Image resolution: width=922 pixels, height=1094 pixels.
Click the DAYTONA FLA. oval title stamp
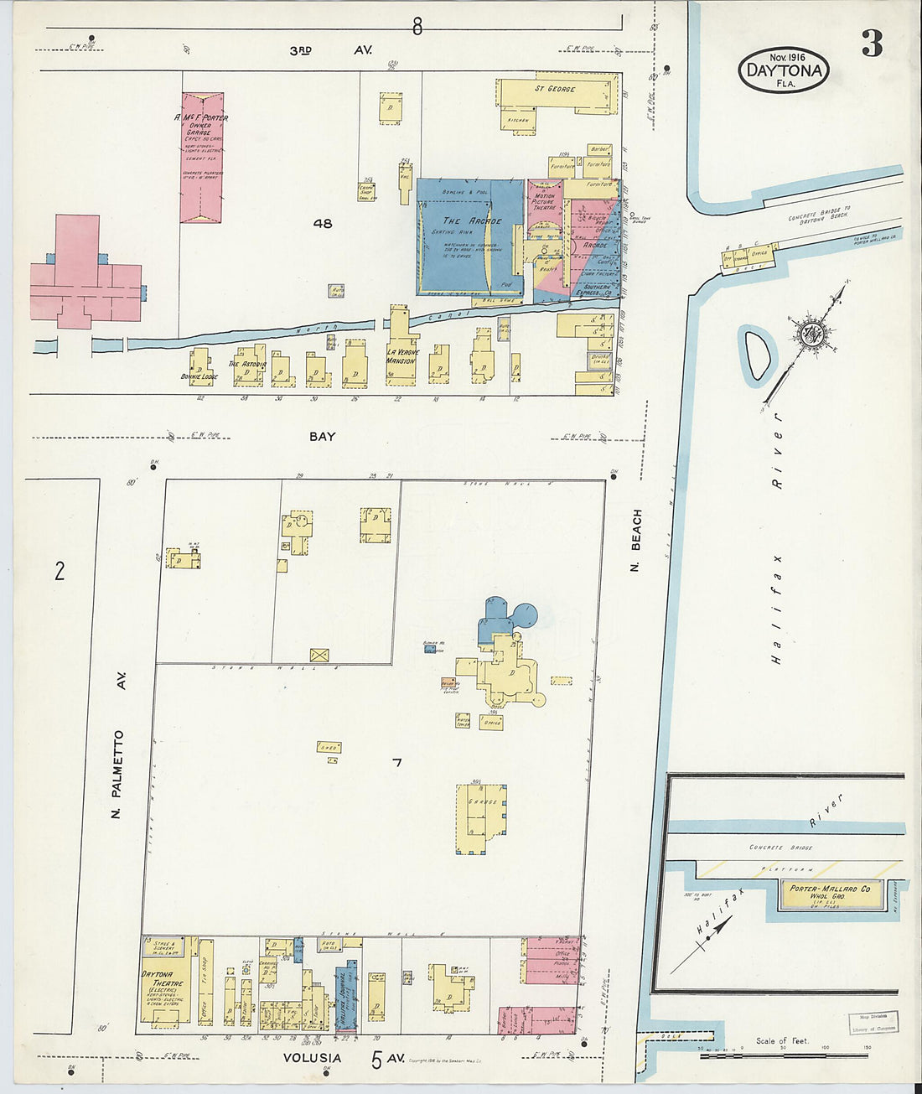pos(784,70)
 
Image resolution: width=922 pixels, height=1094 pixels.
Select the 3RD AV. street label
pos(330,50)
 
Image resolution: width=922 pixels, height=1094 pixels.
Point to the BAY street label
pos(322,436)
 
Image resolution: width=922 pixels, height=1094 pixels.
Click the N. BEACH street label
pos(636,542)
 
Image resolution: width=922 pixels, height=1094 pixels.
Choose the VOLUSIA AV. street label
pos(339,1058)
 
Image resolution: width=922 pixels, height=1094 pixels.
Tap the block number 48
pos(322,223)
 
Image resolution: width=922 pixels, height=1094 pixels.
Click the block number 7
pos(397,762)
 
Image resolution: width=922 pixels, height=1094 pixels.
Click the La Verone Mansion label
pos(401,355)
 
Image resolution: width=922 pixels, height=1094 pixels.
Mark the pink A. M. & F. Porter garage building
pos(202,157)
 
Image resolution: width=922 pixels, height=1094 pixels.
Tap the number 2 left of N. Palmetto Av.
pos(59,572)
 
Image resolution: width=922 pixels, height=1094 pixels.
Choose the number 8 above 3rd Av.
pos(417,28)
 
